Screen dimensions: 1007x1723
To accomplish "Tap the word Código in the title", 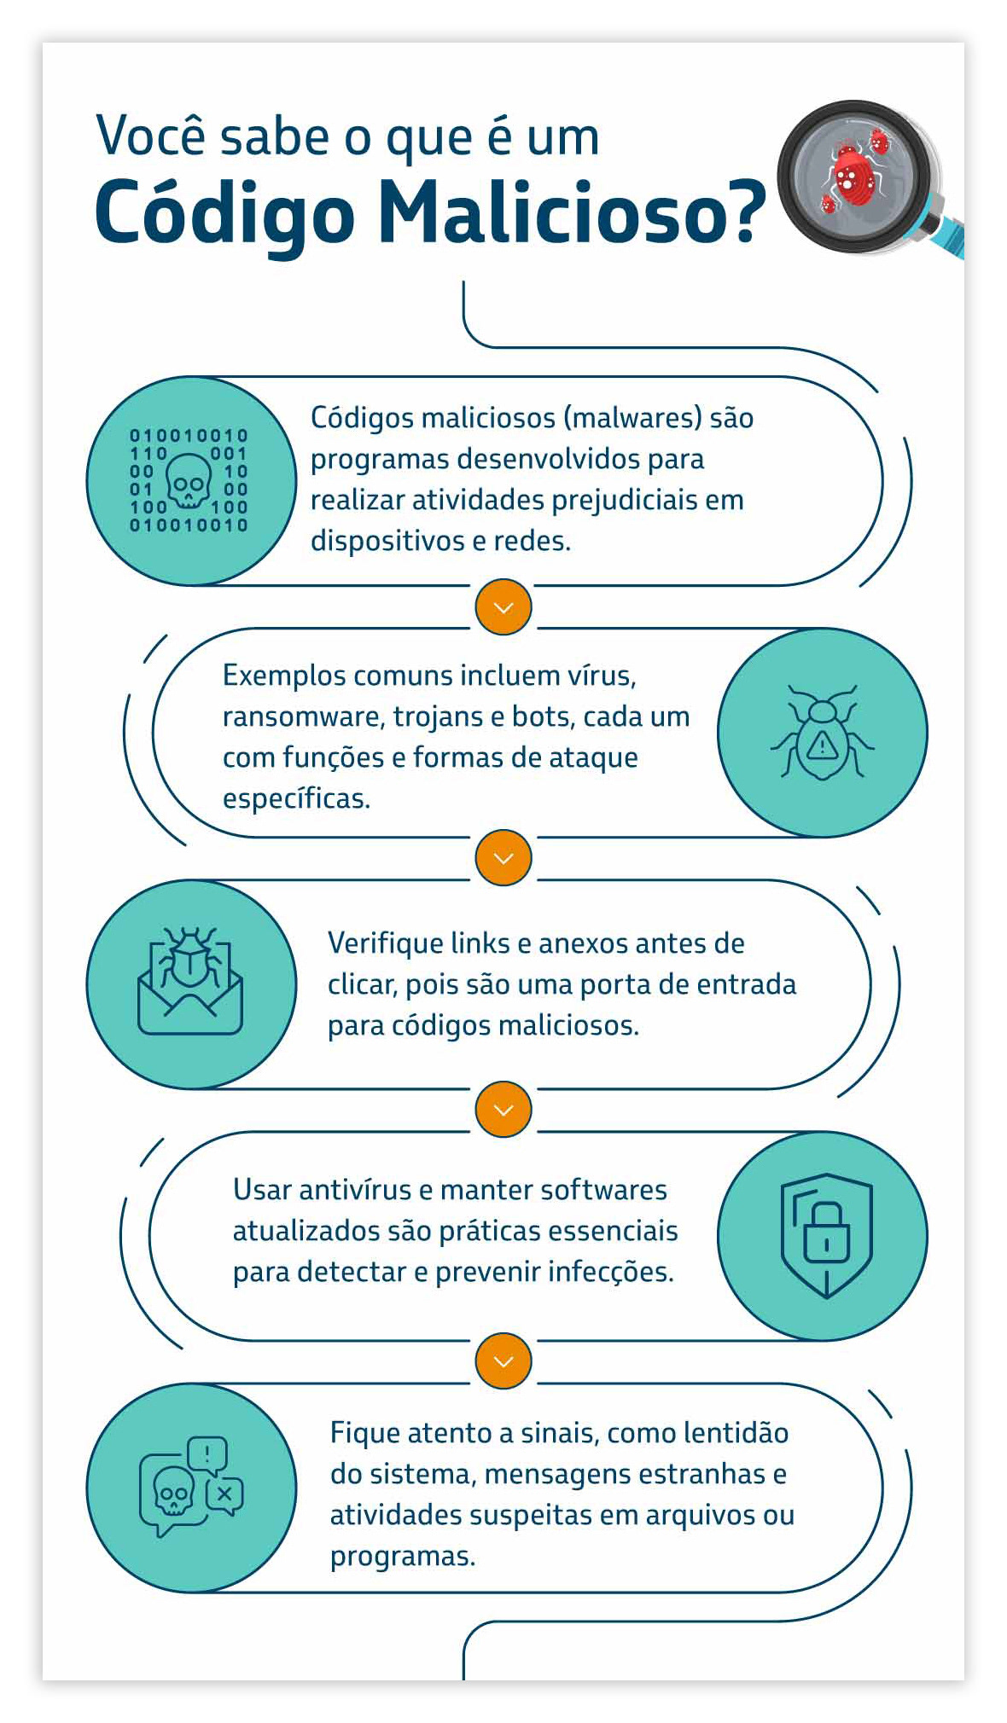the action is [x=224, y=213].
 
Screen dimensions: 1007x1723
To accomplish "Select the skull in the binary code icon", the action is [x=189, y=483].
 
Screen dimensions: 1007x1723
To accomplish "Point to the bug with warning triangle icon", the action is [x=822, y=733].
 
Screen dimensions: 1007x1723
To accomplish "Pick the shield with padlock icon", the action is [x=826, y=1235].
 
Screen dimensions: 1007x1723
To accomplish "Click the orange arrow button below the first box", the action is [x=503, y=607].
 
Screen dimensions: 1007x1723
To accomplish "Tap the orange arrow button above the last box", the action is [x=503, y=1360].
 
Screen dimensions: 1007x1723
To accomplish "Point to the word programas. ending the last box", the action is [x=402, y=1557].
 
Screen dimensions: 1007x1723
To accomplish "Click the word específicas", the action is [x=296, y=798].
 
